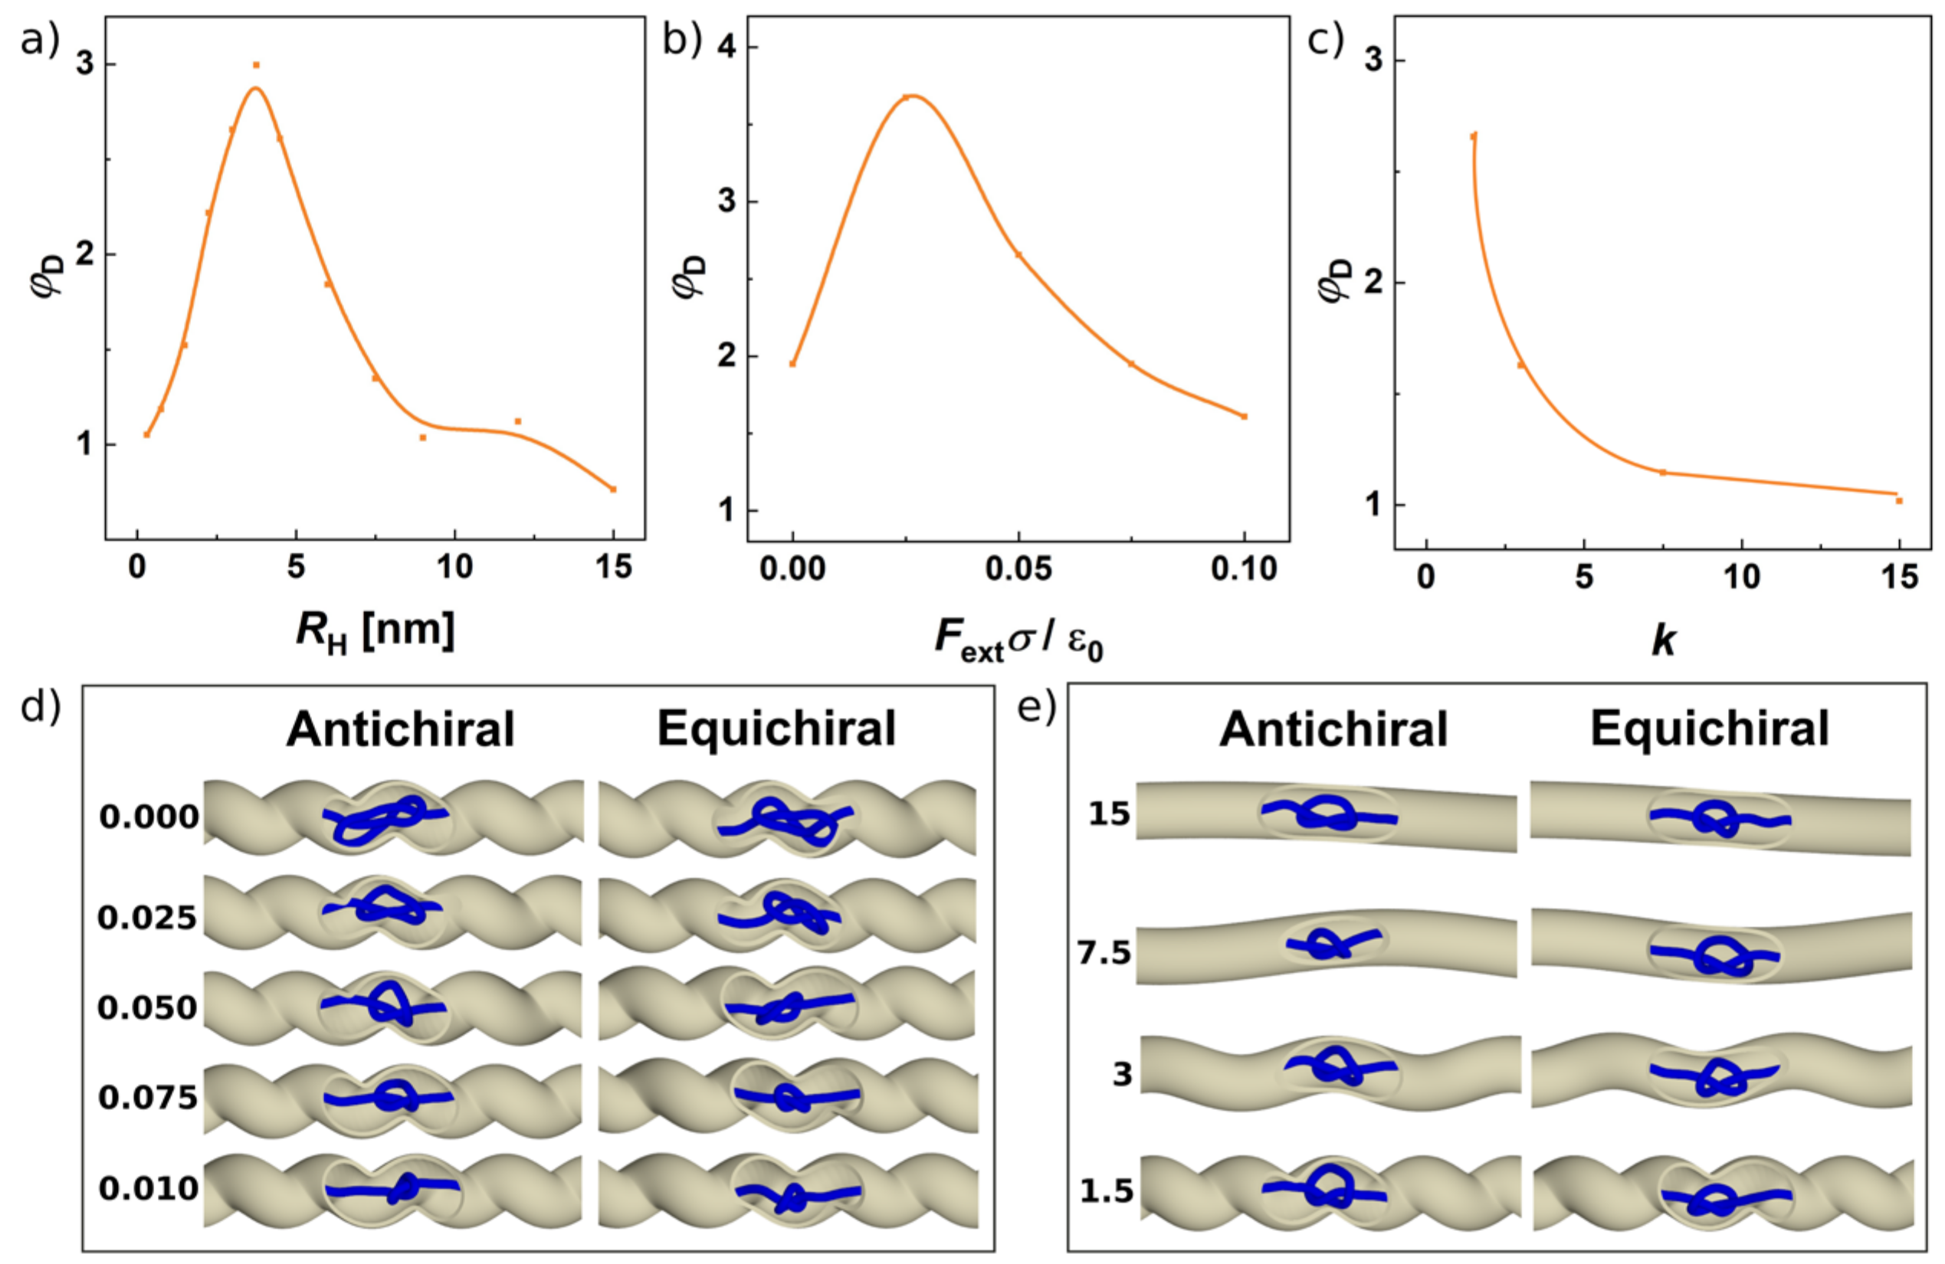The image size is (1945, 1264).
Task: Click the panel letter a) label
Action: [x=39, y=39]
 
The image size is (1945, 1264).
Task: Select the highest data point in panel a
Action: [x=256, y=65]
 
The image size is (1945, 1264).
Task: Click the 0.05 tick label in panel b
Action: [x=1018, y=568]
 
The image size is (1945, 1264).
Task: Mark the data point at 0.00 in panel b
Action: [x=792, y=364]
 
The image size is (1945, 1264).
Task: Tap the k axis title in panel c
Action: [x=1663, y=641]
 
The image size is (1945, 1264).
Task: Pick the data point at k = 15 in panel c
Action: [x=1899, y=501]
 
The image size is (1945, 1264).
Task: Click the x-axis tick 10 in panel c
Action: [x=1741, y=577]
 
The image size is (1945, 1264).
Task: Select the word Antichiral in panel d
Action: [x=401, y=729]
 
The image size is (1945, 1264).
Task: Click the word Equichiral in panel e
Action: [x=1710, y=729]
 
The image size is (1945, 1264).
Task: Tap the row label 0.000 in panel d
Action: [x=149, y=817]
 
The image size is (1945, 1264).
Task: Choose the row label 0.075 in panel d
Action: [x=148, y=1097]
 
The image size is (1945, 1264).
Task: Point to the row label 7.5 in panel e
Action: [x=1104, y=953]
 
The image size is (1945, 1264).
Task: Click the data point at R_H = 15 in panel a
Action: [x=613, y=490]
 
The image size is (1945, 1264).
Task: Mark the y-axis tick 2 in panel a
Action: [x=85, y=254]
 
